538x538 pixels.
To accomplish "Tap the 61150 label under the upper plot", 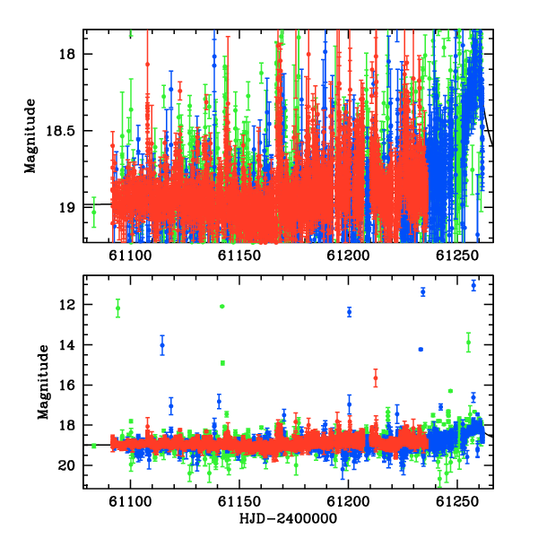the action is tap(239, 256).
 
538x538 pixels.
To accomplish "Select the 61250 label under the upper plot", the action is tap(457, 256).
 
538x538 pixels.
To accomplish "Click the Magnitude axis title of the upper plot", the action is tap(30, 136).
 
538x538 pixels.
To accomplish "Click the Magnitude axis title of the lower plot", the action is tap(43, 382).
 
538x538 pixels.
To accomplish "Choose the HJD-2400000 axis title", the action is tap(288, 518).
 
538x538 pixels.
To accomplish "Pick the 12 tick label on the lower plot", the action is tap(67, 305).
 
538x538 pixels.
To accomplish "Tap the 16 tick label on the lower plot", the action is tap(67, 385).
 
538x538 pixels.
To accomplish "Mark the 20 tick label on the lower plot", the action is tap(67, 465).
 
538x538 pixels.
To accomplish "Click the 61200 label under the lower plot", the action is tap(348, 502).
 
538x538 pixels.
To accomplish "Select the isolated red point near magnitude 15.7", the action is tap(376, 378).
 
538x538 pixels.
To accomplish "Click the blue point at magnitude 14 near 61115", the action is tap(162, 345).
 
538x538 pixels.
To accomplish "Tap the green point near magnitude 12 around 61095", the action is tap(118, 308).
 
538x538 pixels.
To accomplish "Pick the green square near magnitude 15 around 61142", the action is tap(222, 363).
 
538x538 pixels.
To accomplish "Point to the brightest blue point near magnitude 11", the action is tap(473, 285).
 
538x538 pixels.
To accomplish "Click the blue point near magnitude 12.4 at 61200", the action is tap(350, 312).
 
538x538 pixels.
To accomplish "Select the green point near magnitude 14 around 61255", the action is tap(468, 343).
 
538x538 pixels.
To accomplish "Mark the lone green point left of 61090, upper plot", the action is tap(93, 212).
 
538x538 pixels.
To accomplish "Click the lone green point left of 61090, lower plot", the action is tap(93, 446).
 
